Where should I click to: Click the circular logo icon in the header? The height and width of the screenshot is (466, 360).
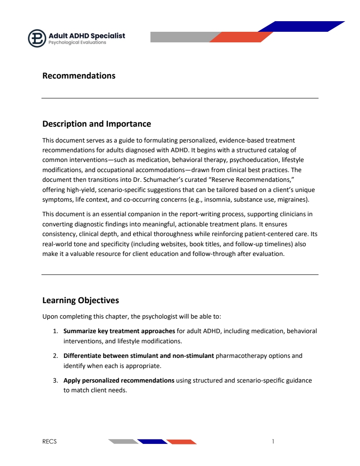click(37, 38)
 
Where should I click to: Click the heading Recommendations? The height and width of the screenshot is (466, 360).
click(79, 76)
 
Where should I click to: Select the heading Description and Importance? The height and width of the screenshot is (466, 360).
click(97, 124)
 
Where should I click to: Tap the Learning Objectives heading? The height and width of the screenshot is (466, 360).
click(80, 301)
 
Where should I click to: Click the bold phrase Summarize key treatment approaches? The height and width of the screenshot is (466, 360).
click(119, 331)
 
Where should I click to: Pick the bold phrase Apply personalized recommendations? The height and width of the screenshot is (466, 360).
click(119, 380)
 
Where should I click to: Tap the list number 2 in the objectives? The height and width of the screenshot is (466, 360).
click(55, 356)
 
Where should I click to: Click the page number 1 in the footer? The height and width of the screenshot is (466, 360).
click(274, 441)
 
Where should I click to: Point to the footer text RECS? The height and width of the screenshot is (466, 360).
click(49, 441)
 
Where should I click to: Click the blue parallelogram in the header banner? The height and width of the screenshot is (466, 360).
click(301, 26)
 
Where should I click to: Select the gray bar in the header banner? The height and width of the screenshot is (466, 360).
click(181, 37)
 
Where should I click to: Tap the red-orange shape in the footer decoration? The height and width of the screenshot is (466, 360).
click(181, 442)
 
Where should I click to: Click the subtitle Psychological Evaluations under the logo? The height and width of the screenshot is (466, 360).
click(77, 43)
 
